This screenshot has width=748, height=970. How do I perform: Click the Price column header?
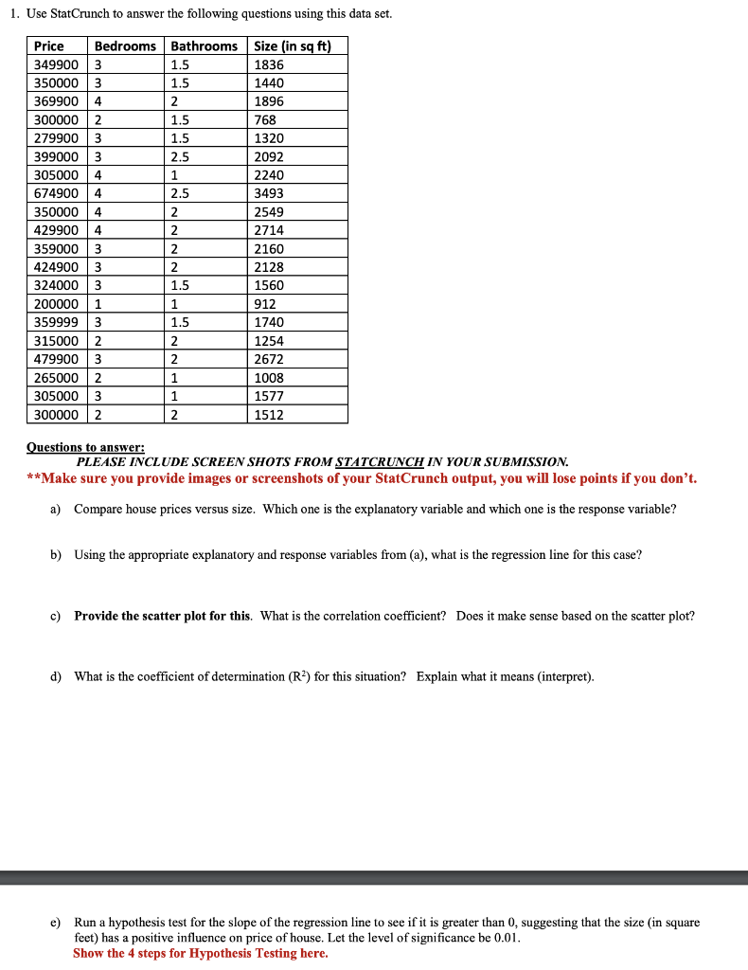49,46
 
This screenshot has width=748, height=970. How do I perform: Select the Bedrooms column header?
126,46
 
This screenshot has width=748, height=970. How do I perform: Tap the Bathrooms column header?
205,46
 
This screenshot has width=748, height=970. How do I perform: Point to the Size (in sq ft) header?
293,46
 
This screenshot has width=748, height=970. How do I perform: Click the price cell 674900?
56,193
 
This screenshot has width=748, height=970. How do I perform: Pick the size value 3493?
270,193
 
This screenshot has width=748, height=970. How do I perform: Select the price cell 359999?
56,322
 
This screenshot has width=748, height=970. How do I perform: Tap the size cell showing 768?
266,120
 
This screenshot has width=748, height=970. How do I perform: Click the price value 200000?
56,304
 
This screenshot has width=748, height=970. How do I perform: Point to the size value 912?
266,304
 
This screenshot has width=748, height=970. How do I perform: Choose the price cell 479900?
56,359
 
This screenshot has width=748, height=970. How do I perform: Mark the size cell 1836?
270,65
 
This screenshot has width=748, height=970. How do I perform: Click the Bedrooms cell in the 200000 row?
98,304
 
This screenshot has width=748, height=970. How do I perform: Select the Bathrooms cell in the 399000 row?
180,157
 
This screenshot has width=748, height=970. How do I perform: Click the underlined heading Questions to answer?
86,447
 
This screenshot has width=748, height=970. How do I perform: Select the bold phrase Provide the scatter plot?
163,616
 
